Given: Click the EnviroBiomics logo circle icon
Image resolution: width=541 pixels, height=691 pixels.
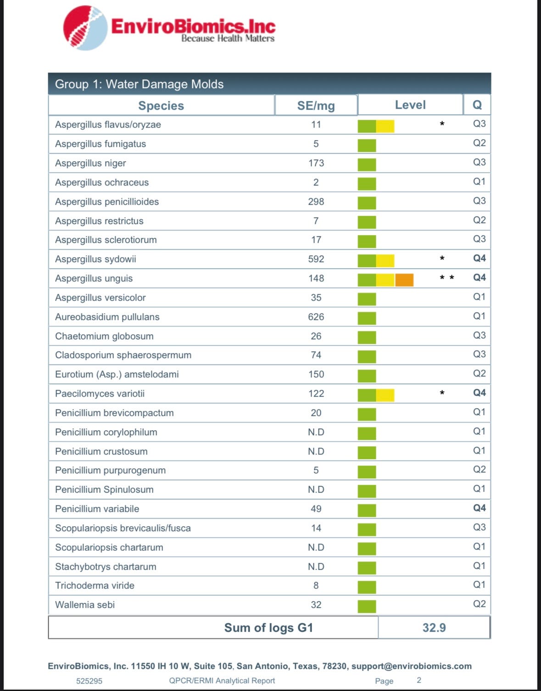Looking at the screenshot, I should coord(85,28).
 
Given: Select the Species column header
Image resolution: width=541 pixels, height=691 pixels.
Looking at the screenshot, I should coord(161,106).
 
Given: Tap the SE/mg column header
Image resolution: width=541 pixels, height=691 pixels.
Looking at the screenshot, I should coord(316,106).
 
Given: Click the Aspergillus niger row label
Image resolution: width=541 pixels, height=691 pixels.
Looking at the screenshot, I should coord(90,163).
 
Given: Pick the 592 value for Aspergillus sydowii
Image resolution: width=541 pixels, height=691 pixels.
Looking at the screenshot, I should coord(316,259).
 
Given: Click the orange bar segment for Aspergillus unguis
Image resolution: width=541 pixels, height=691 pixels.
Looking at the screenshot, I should coord(404,280).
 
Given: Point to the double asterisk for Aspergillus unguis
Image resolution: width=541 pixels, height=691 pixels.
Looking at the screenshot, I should coord(446,278).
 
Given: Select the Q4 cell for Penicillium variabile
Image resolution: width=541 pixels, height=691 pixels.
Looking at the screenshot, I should coord(479,508).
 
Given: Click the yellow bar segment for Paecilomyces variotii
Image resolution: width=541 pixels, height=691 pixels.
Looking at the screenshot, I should coord(385,395).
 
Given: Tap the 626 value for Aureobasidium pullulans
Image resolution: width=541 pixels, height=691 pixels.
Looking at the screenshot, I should coord(316,317).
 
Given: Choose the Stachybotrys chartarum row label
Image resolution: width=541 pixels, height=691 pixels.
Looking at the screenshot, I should coord(106,567).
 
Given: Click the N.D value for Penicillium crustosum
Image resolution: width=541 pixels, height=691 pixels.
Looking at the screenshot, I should coord(316,451).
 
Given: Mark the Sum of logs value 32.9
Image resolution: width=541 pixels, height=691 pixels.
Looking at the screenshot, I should coord(434,628).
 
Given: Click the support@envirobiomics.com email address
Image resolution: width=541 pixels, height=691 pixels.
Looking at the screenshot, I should coord(411,666).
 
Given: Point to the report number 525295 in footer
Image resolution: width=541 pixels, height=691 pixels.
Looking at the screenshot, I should coord(89,681).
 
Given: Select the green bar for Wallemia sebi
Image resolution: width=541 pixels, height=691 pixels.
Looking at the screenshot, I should coord(367,606).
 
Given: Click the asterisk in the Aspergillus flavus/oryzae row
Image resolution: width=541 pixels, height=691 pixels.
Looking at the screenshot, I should coord(442,124).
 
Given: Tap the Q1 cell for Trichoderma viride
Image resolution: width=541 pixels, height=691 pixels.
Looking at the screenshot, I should coord(479,584).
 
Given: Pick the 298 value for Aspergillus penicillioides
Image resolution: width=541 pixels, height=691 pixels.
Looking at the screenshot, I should coord(316,202).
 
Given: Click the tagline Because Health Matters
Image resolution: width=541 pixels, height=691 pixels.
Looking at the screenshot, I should coord(228,39).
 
